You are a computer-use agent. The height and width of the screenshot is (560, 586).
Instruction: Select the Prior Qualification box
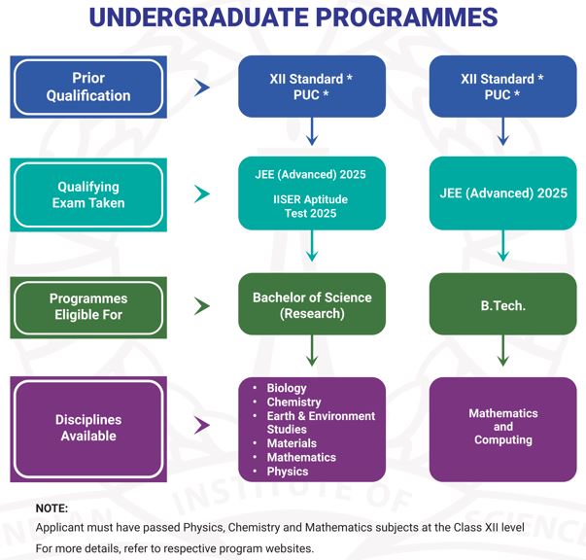click(87, 87)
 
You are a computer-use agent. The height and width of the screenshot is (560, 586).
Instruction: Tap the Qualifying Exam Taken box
click(87, 194)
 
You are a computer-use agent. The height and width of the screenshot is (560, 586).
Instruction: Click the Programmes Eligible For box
click(87, 306)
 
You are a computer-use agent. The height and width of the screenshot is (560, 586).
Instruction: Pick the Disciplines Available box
click(87, 428)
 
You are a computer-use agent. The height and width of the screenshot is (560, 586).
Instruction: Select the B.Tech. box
click(502, 305)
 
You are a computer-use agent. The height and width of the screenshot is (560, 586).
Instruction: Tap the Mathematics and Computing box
click(502, 427)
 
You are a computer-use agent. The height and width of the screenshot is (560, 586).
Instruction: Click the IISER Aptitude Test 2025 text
click(312, 205)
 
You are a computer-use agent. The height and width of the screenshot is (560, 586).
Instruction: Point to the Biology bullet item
click(286, 388)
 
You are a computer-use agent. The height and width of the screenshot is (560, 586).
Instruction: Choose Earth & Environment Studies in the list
click(320, 422)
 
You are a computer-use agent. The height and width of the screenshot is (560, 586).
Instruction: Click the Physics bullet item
click(287, 472)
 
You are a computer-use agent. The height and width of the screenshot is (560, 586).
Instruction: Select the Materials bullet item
click(291, 443)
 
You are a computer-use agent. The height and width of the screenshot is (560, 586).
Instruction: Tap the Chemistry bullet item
click(293, 402)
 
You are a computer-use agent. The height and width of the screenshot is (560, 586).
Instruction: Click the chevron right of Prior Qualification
click(202, 87)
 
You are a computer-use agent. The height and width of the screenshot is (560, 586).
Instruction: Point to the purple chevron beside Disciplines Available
click(202, 425)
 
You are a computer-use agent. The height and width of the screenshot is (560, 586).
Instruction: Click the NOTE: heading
click(52, 508)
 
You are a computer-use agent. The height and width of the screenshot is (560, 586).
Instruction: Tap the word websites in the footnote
click(288, 548)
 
